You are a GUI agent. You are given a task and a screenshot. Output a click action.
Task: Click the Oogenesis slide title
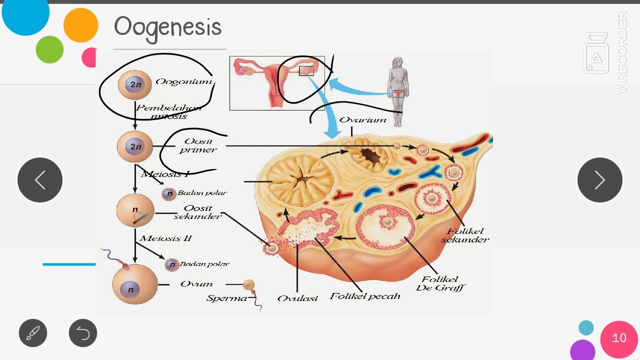[x=167, y=27]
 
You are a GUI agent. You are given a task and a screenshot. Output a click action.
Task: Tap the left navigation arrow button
[x=40, y=180]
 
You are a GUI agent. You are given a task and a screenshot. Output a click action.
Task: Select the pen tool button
[x=33, y=333]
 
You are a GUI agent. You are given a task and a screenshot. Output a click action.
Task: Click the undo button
[x=83, y=333]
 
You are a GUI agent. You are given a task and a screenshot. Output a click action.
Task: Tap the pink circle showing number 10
[x=619, y=338]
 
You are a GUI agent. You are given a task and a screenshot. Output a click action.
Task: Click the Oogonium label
[x=183, y=81]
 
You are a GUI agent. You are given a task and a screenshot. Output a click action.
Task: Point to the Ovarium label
[x=362, y=120]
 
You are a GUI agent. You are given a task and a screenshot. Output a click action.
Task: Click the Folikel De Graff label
[x=440, y=283]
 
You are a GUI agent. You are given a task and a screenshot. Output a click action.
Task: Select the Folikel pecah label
[x=365, y=296]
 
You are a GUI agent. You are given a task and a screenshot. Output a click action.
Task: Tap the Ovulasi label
[x=297, y=298]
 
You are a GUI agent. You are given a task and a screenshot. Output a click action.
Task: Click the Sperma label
[x=226, y=298]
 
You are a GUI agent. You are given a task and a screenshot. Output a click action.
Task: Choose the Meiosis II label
[x=165, y=238]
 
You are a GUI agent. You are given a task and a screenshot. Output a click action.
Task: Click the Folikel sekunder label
[x=465, y=235]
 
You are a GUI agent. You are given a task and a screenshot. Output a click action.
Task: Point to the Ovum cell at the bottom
[x=135, y=284]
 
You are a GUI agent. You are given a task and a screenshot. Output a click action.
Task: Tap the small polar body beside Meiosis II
[x=171, y=264]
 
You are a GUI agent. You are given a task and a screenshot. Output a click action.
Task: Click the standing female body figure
[x=398, y=90]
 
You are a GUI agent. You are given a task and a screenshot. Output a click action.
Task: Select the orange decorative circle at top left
[x=80, y=25]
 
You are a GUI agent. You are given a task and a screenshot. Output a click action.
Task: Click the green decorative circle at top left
[x=49, y=49]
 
